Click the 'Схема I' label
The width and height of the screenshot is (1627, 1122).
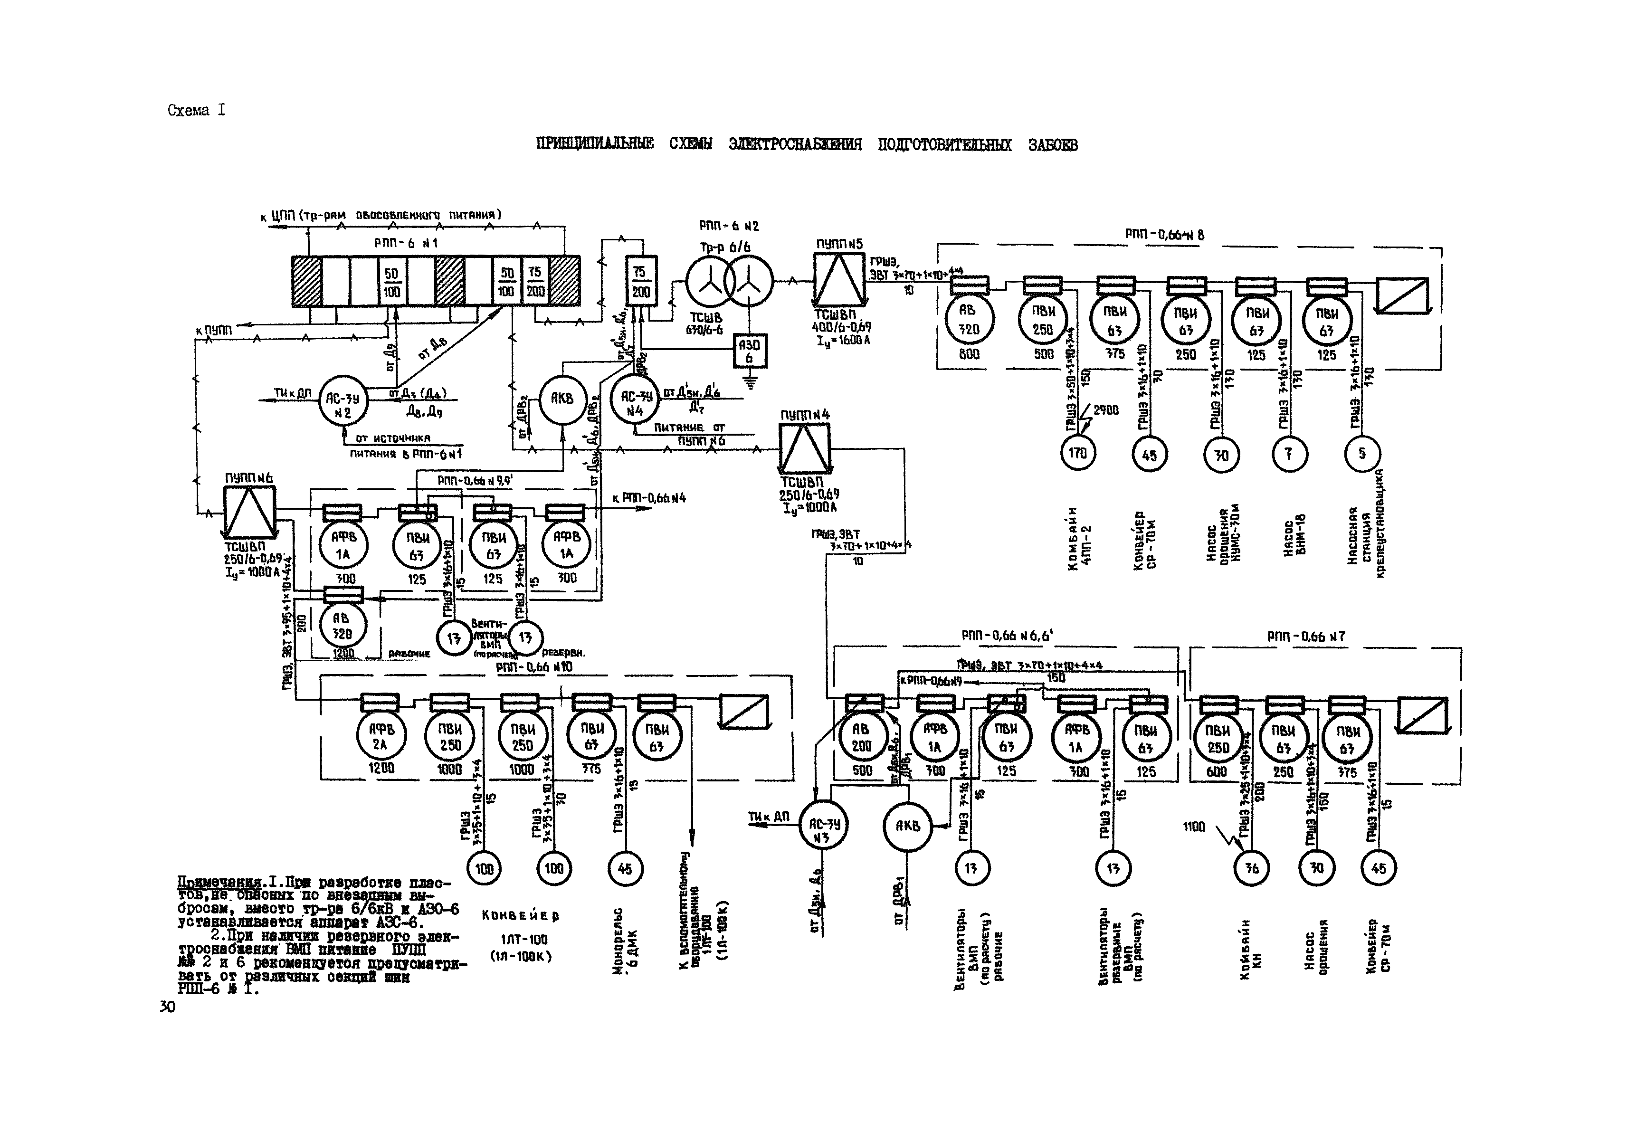coord(196,110)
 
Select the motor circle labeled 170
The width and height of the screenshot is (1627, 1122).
coord(1077,454)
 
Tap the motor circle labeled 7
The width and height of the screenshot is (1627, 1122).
coord(1289,454)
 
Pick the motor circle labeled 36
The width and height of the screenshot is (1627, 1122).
coord(1252,868)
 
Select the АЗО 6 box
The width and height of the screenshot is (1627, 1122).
coord(750,351)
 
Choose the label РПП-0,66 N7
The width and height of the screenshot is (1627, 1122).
coord(1306,636)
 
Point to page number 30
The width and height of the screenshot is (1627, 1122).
coord(167,1007)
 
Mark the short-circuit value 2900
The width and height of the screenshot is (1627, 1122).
coord(1105,410)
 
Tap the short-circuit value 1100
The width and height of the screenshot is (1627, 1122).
coord(1193,827)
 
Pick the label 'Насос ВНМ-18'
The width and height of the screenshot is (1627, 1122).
coord(1294,535)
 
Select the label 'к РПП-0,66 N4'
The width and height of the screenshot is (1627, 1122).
coord(648,498)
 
